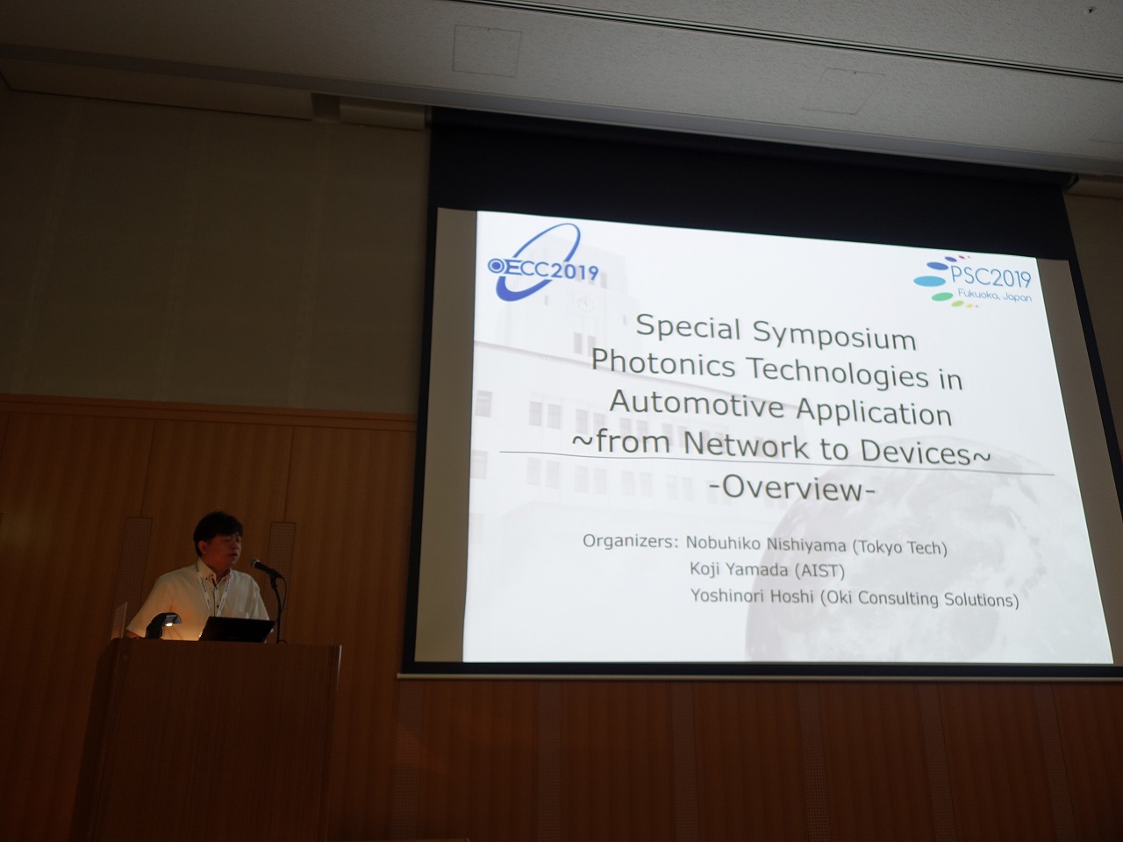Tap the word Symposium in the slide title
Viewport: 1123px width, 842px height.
(x=834, y=336)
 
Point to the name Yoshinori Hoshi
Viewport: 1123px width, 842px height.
(x=752, y=595)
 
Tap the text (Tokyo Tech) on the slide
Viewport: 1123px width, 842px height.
(x=899, y=547)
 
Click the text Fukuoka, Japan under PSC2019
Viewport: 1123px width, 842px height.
(x=987, y=295)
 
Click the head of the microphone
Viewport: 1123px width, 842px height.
(x=257, y=563)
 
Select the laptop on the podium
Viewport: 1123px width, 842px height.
(x=237, y=630)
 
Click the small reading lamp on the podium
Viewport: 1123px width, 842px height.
(x=162, y=624)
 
